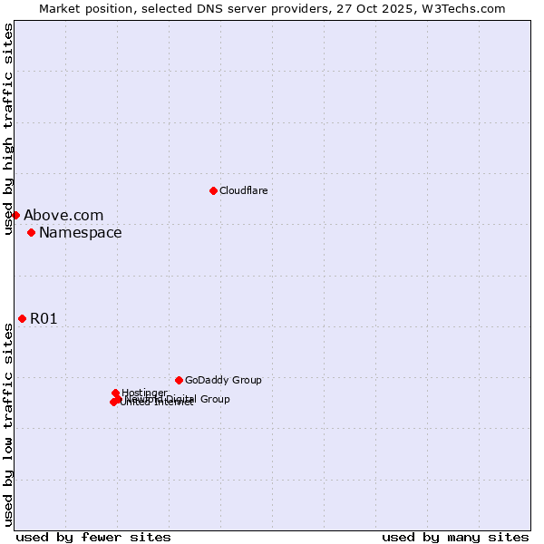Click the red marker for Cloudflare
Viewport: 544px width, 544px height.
[x=213, y=190]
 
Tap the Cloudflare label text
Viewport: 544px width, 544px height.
[x=243, y=191]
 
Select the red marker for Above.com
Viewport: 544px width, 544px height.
[x=15, y=215]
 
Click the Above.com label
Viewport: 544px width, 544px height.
[x=63, y=216]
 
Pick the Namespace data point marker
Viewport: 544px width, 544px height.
[x=31, y=233]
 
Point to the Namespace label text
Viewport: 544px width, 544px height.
[x=80, y=233]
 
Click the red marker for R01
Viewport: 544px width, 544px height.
[x=22, y=318]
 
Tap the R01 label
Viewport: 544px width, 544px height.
[x=44, y=319]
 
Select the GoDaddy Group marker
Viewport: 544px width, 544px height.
[x=179, y=380]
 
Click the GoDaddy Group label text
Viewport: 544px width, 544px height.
[x=223, y=381]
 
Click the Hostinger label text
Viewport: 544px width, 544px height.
[x=144, y=393]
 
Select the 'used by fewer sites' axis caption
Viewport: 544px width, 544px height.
[x=93, y=537]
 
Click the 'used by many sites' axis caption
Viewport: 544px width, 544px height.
[x=455, y=537]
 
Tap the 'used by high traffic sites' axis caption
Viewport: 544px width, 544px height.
[x=8, y=130]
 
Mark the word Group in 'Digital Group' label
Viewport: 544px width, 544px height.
[x=214, y=399]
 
